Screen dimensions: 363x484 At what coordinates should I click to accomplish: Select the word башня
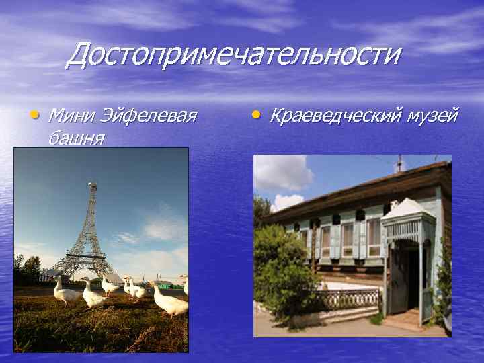point(75,138)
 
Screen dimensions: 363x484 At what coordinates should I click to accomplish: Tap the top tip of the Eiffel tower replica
point(92,184)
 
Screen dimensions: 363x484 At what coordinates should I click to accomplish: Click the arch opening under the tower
point(83,268)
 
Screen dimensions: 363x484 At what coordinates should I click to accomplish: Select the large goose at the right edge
point(171,302)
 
